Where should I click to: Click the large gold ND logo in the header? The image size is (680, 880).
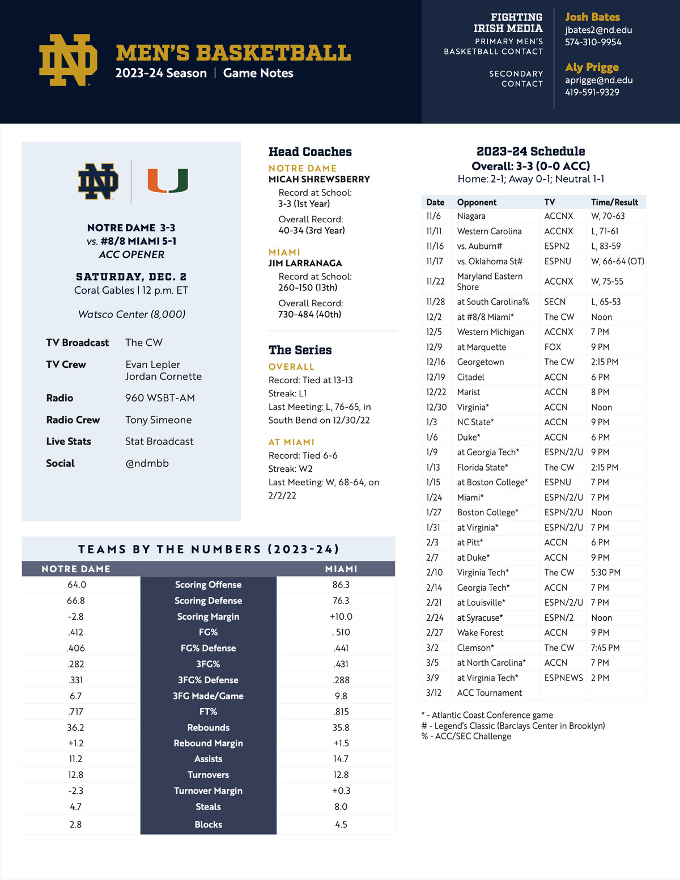[x=68, y=60]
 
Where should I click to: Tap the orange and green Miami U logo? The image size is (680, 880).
[x=168, y=181]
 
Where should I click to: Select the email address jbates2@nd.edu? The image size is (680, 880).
[x=598, y=30]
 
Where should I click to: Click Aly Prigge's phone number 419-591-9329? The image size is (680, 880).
[x=592, y=92]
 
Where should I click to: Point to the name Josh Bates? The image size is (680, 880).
[x=592, y=17]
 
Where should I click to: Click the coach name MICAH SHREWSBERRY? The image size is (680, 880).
[x=319, y=179]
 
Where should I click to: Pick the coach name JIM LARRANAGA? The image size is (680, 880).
[x=305, y=263]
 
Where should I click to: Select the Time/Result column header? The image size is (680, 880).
[x=614, y=202]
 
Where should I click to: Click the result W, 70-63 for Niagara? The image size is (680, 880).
[x=607, y=216]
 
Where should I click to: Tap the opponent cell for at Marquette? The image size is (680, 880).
[x=481, y=347]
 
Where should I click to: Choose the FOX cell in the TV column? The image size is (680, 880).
[x=552, y=347]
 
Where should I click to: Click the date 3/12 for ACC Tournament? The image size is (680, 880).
[x=433, y=693]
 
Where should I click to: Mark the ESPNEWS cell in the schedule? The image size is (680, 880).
[x=563, y=678]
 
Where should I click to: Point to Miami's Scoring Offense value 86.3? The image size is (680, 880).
[x=341, y=585]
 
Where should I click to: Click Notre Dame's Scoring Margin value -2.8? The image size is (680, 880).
[x=75, y=616]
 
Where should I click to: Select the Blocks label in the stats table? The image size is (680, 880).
[x=208, y=824]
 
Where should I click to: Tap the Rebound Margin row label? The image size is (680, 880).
[x=208, y=743]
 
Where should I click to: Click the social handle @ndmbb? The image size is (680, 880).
[x=147, y=463]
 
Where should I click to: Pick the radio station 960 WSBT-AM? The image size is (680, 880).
[x=160, y=398]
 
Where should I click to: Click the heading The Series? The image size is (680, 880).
[x=300, y=350]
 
